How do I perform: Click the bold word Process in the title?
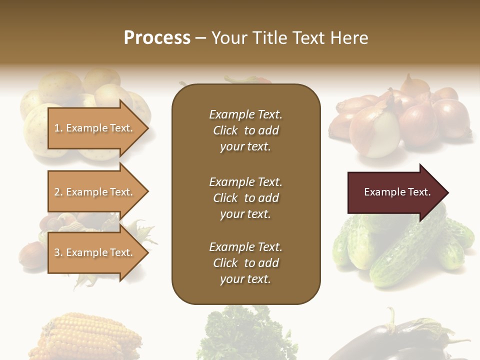157,38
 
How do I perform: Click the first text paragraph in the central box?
245,130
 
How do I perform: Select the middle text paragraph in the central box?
245,198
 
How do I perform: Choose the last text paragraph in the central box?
245,263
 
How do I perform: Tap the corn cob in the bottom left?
85,337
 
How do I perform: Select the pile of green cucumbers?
400,250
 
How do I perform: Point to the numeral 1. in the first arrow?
58,128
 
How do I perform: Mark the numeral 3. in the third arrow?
58,252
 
